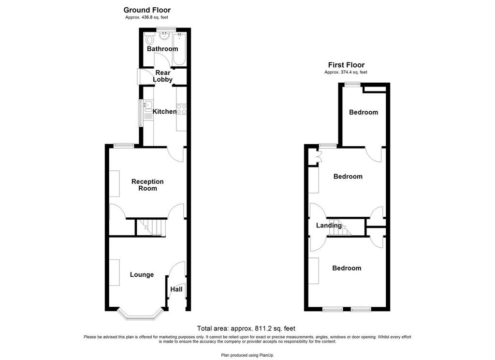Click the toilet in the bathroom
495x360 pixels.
(x=150, y=40)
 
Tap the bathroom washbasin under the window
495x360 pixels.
(x=165, y=36)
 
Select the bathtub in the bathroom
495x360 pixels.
(x=180, y=49)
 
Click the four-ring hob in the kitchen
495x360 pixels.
(x=182, y=109)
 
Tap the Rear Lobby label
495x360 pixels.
(x=163, y=76)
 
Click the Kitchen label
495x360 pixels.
(x=164, y=111)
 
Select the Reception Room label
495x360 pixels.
(x=147, y=185)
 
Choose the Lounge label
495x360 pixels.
(x=142, y=275)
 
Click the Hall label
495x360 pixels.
(x=176, y=289)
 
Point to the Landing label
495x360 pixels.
(x=329, y=225)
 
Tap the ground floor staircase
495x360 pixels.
(x=151, y=227)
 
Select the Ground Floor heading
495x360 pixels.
(x=147, y=10)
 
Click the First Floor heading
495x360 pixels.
(x=346, y=65)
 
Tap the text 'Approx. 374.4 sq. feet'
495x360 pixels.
(x=346, y=72)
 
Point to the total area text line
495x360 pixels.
(x=246, y=329)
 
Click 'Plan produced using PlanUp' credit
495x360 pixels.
(x=247, y=355)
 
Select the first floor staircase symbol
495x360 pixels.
(x=340, y=227)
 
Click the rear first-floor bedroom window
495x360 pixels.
(x=352, y=84)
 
